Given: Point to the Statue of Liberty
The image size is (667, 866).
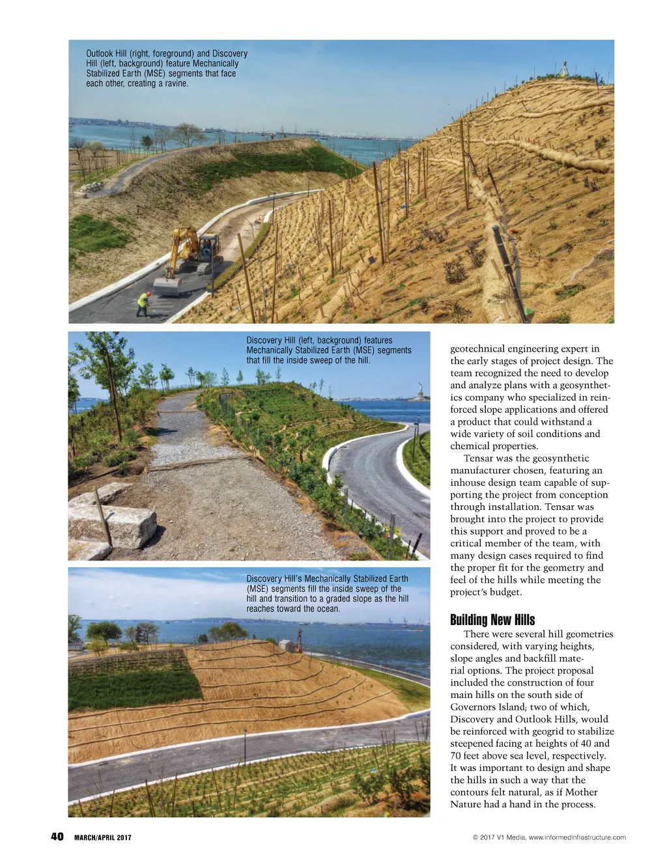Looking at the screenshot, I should click(x=421, y=390).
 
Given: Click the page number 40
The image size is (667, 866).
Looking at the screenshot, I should click(x=57, y=837).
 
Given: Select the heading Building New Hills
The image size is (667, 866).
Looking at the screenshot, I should click(x=492, y=619).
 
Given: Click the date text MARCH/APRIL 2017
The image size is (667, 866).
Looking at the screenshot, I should click(x=102, y=837).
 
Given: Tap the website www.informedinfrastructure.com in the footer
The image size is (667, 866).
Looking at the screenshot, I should click(x=577, y=837).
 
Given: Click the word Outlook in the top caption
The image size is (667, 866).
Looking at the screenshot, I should click(x=100, y=53).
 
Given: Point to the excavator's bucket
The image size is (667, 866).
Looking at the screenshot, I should click(x=167, y=286).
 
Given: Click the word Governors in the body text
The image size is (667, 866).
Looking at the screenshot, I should click(x=474, y=707).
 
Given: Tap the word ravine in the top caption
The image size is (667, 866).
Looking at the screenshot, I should click(x=176, y=83).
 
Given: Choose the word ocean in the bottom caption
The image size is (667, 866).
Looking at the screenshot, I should click(x=328, y=609).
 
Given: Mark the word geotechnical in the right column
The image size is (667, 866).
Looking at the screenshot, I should click(x=478, y=349).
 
